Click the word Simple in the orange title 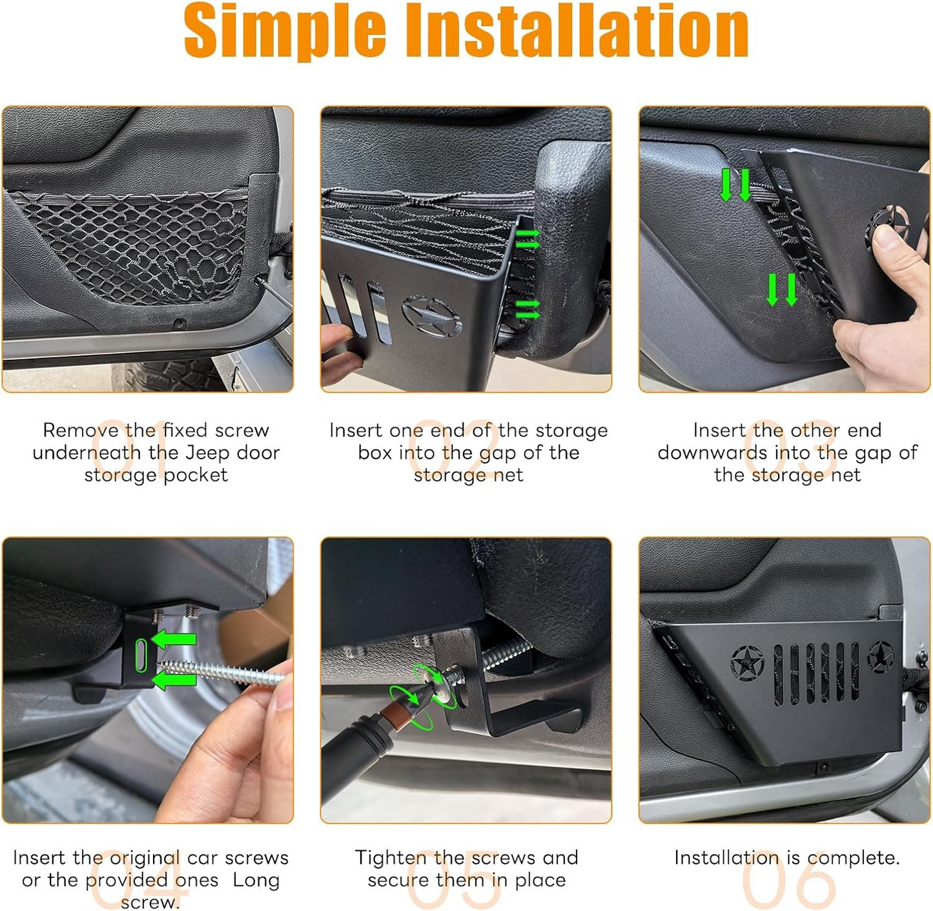tap(285, 31)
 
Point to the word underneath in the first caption tap(87, 452)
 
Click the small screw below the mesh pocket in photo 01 tap(179, 322)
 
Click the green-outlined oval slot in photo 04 tap(141, 655)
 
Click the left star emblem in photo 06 tap(747, 663)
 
